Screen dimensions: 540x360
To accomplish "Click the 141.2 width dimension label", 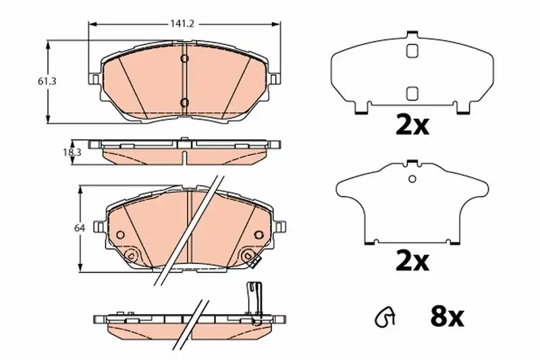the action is coord(182,24).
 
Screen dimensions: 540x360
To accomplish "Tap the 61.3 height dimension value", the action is coord(47,82).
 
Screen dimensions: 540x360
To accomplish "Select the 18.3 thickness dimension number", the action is coord(72,152).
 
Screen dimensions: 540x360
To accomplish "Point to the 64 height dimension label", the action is coord(79,228).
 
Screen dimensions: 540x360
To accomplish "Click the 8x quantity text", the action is coord(447,317).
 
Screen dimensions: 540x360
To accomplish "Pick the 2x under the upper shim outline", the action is coord(412,126).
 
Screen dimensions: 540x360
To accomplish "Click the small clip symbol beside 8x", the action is coord(385,317).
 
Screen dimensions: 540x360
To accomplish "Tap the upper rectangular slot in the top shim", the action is coord(412,51).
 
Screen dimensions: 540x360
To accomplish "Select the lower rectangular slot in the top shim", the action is coord(412,93).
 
